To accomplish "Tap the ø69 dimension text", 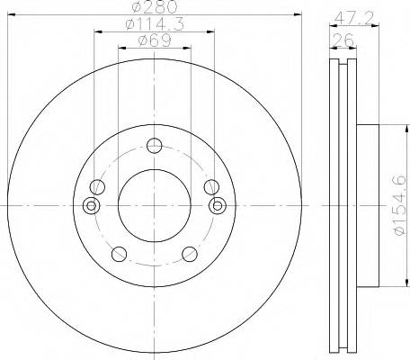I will pos(155,42).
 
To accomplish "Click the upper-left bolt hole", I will pos(97,186).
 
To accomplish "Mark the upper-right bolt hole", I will pos(211,186).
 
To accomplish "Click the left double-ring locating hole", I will pos(90,206).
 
